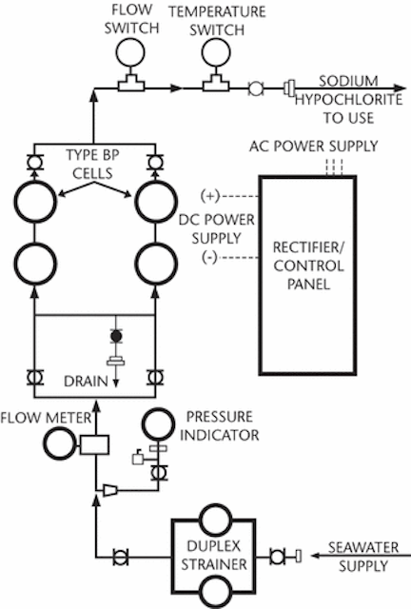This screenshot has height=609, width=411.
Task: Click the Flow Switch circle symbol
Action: (x=130, y=51)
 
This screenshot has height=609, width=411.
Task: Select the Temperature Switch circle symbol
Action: (x=216, y=52)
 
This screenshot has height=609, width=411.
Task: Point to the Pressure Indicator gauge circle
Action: (x=158, y=423)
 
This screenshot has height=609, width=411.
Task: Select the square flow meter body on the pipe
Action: (x=94, y=445)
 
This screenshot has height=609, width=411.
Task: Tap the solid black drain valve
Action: (x=116, y=336)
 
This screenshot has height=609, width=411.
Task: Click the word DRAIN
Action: (x=86, y=382)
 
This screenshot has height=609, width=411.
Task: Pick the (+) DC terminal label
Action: (x=210, y=195)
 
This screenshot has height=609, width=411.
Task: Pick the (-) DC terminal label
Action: (x=209, y=257)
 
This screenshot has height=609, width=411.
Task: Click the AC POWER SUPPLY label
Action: (x=314, y=146)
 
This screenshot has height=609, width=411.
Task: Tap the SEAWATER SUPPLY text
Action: (x=363, y=557)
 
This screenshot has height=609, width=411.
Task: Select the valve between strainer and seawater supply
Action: (x=277, y=557)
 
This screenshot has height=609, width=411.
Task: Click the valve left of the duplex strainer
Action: (x=121, y=558)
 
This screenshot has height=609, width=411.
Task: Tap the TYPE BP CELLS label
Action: (x=92, y=164)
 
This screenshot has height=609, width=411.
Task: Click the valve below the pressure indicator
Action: (x=158, y=473)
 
